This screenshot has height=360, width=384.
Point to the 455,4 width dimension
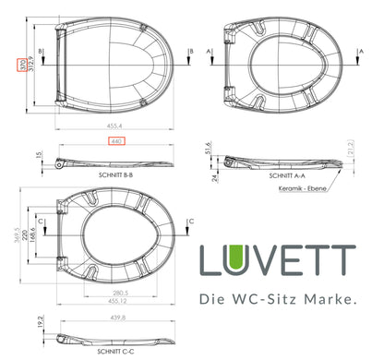[114, 131]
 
